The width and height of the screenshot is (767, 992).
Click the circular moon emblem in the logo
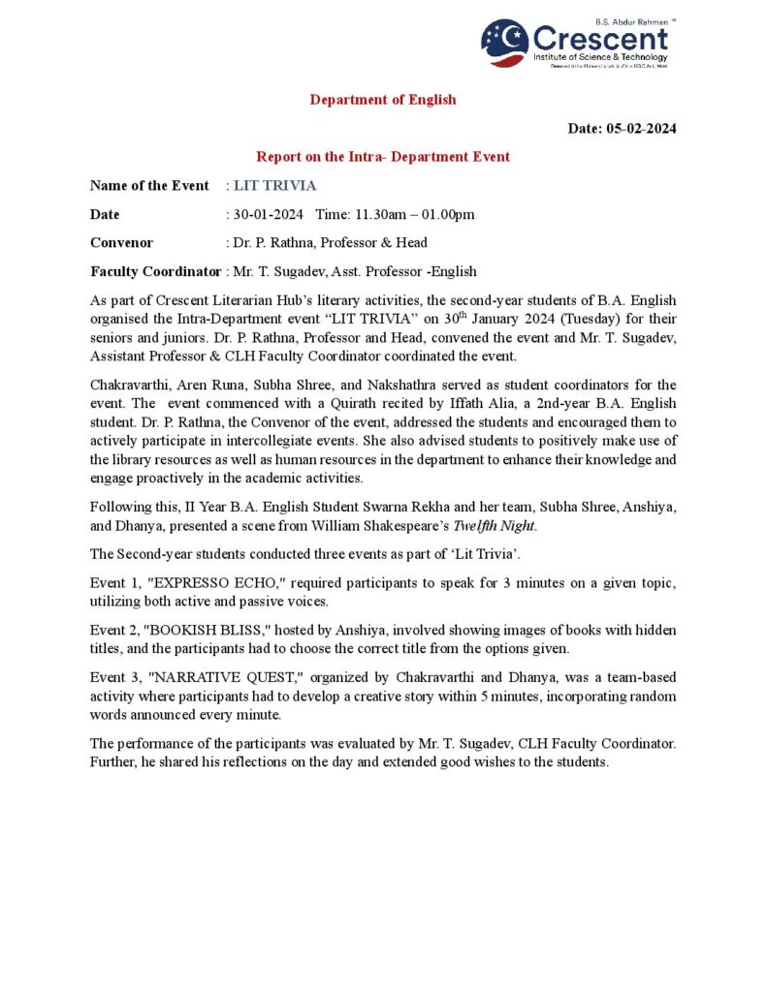[504, 43]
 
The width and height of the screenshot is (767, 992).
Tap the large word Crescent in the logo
[600, 39]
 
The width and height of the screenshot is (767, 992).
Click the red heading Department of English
[383, 100]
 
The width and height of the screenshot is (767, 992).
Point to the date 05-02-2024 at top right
[641, 129]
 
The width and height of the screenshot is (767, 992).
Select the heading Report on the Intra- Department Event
[383, 157]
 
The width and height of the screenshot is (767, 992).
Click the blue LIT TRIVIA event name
[275, 186]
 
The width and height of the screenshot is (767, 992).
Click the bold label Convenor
[121, 243]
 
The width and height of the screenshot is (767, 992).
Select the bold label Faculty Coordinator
[155, 271]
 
